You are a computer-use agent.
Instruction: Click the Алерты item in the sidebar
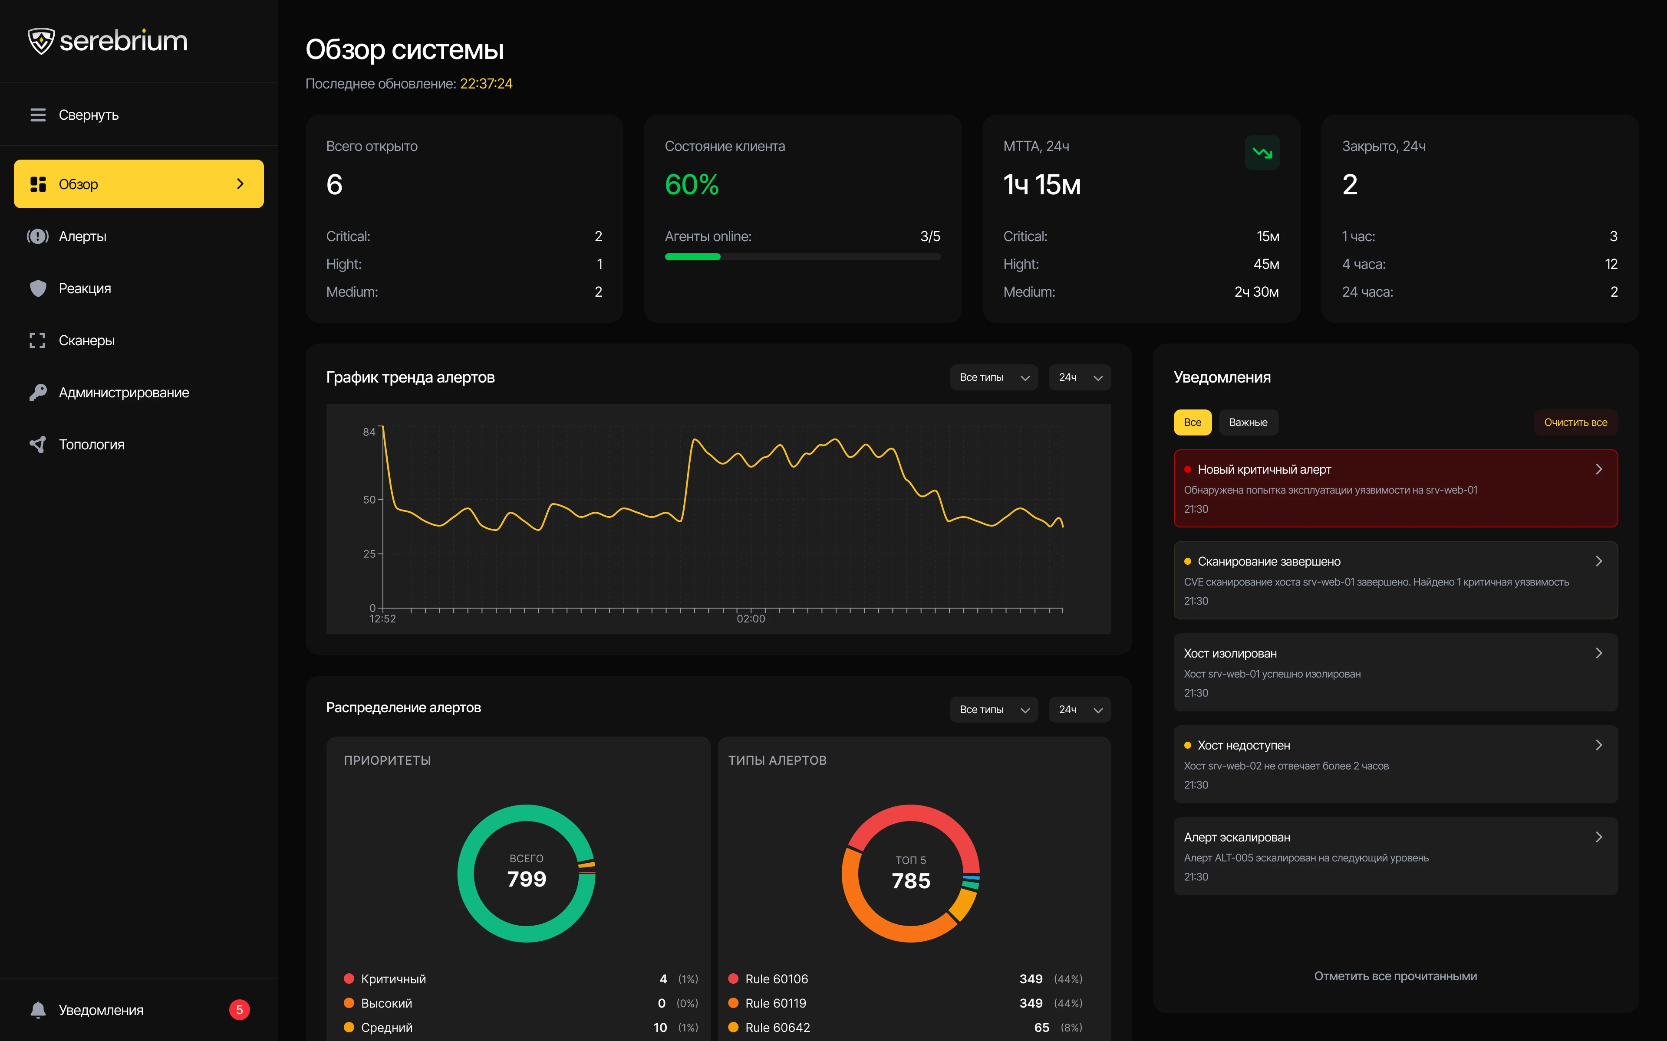tap(82, 236)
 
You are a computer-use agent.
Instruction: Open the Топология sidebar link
tap(92, 445)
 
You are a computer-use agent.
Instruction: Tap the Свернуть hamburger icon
tap(38, 115)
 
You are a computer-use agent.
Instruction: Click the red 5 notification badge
tap(240, 1010)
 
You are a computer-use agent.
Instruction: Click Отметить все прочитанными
tap(1396, 976)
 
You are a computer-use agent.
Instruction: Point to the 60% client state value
tap(692, 184)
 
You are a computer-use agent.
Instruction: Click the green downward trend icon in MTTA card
tap(1262, 153)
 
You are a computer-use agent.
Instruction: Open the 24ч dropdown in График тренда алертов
tap(1079, 377)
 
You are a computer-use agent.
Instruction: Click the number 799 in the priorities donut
tap(527, 879)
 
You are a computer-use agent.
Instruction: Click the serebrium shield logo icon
tap(41, 41)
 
